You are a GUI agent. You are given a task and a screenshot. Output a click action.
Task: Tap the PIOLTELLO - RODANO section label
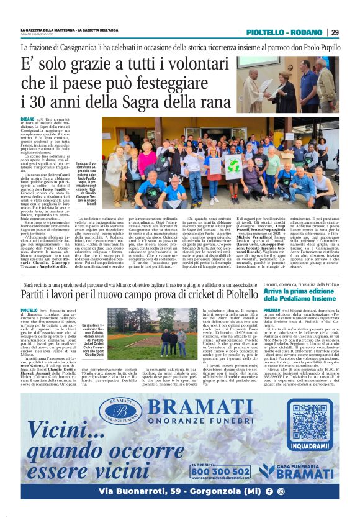click(284, 32)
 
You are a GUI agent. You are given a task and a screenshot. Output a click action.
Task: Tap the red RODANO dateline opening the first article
click(27, 118)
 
